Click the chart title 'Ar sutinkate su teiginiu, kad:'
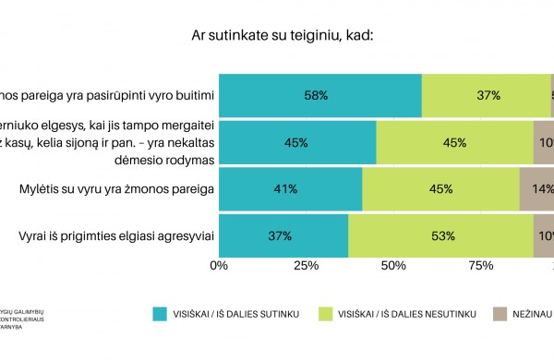(x=277, y=37)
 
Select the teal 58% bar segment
(x=320, y=95)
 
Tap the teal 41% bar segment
(x=291, y=189)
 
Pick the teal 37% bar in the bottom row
(x=283, y=236)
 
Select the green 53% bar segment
(x=440, y=236)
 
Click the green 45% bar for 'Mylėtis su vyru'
(x=440, y=189)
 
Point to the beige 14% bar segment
(x=536, y=189)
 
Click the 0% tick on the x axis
(x=220, y=266)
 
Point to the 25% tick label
(x=306, y=266)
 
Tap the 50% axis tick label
(x=393, y=266)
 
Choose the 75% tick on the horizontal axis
(x=480, y=266)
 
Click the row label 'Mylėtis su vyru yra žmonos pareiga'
(x=117, y=189)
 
